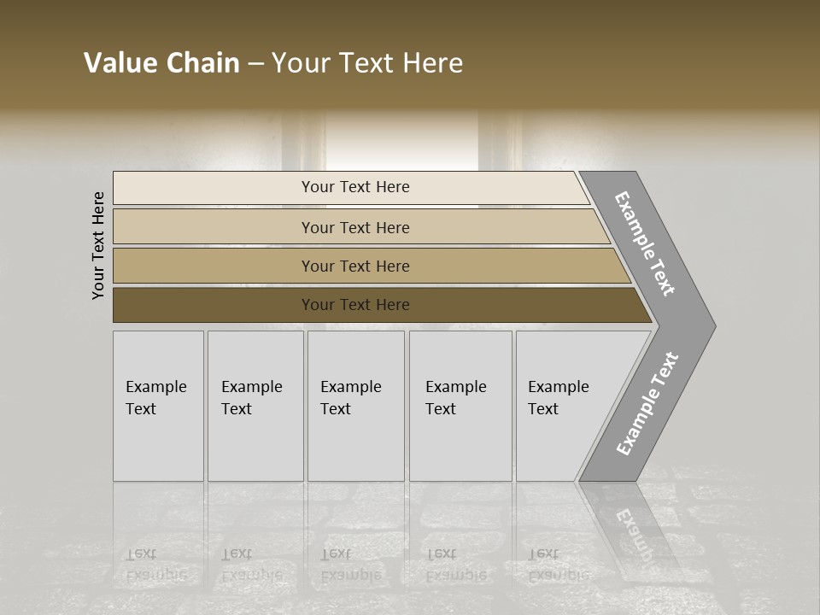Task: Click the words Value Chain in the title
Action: pyautogui.click(x=161, y=63)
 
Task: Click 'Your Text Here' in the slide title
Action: pyautogui.click(x=367, y=63)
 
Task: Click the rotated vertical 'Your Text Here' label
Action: pyautogui.click(x=98, y=245)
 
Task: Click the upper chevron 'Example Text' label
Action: pyautogui.click(x=645, y=243)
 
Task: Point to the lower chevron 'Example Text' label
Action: pyautogui.click(x=647, y=404)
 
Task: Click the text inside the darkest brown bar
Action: pyautogui.click(x=355, y=305)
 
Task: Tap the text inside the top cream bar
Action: pyautogui.click(x=355, y=187)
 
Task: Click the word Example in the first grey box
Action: pyautogui.click(x=155, y=387)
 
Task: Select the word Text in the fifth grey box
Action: pyautogui.click(x=543, y=409)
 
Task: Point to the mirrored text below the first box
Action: pyautogui.click(x=155, y=564)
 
